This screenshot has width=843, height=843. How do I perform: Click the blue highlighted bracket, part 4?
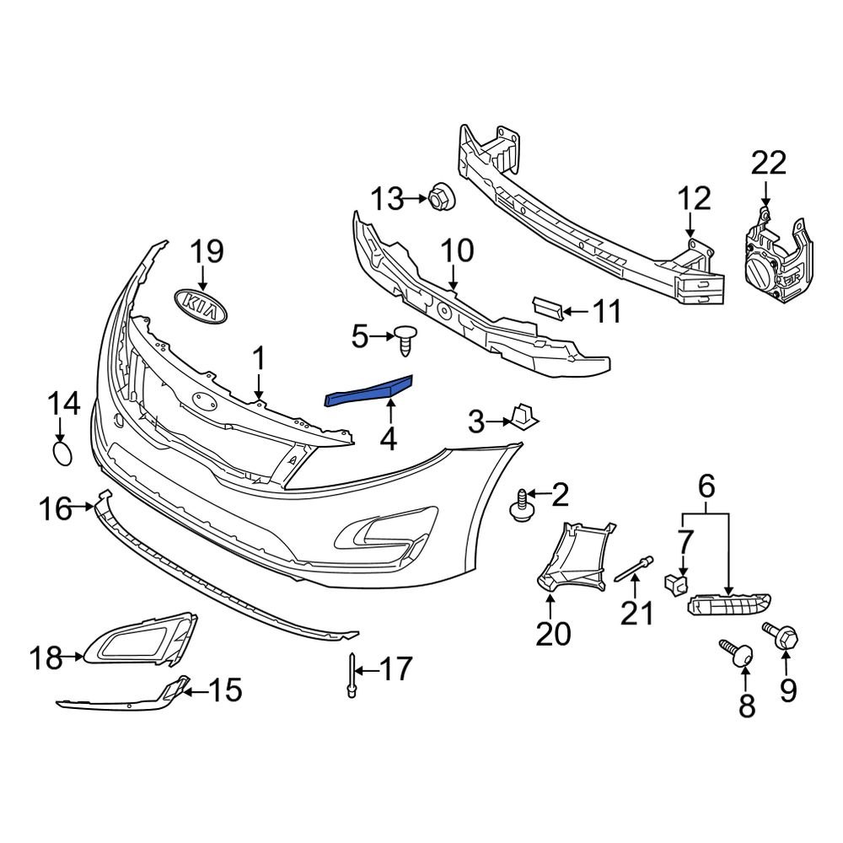click(370, 389)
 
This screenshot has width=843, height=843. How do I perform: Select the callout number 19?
click(206, 252)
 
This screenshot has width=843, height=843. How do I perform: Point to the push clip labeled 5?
click(407, 340)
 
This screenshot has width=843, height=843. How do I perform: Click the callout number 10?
click(456, 250)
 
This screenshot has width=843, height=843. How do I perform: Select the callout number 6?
click(706, 486)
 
